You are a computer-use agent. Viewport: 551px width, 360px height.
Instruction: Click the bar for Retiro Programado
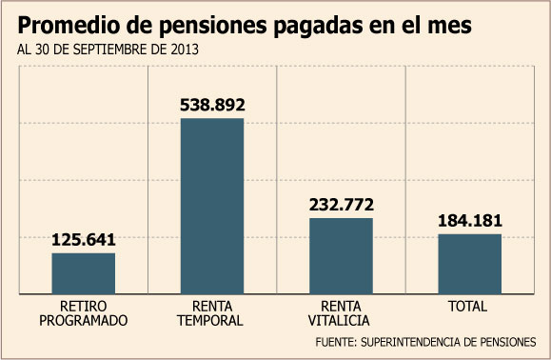(x=84, y=273)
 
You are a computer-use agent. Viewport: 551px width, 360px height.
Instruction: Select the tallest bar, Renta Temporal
(x=212, y=206)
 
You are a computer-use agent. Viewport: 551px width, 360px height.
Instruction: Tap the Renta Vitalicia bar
(x=342, y=256)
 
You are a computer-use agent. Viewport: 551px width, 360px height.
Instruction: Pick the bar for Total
(x=470, y=264)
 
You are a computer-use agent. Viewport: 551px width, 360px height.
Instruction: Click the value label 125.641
(x=84, y=240)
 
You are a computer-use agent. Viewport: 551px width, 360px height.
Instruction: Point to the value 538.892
(x=212, y=105)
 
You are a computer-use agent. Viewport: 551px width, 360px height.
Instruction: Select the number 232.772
(x=342, y=205)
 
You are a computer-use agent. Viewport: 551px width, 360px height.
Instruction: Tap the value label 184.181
(x=470, y=220)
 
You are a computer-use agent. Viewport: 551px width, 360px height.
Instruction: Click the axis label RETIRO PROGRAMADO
(x=84, y=313)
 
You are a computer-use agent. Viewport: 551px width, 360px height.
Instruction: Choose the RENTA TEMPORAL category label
(x=210, y=313)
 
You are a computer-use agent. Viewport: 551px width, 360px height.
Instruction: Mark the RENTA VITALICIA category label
(x=339, y=313)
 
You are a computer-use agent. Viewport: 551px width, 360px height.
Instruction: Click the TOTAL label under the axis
(x=467, y=307)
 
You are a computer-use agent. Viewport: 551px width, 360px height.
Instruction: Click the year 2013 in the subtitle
(x=185, y=50)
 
